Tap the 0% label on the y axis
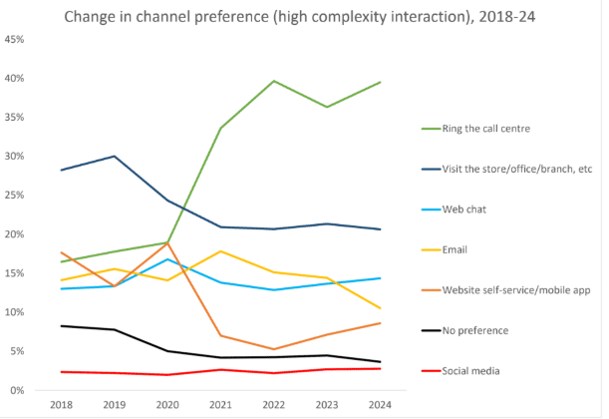[18, 390]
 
